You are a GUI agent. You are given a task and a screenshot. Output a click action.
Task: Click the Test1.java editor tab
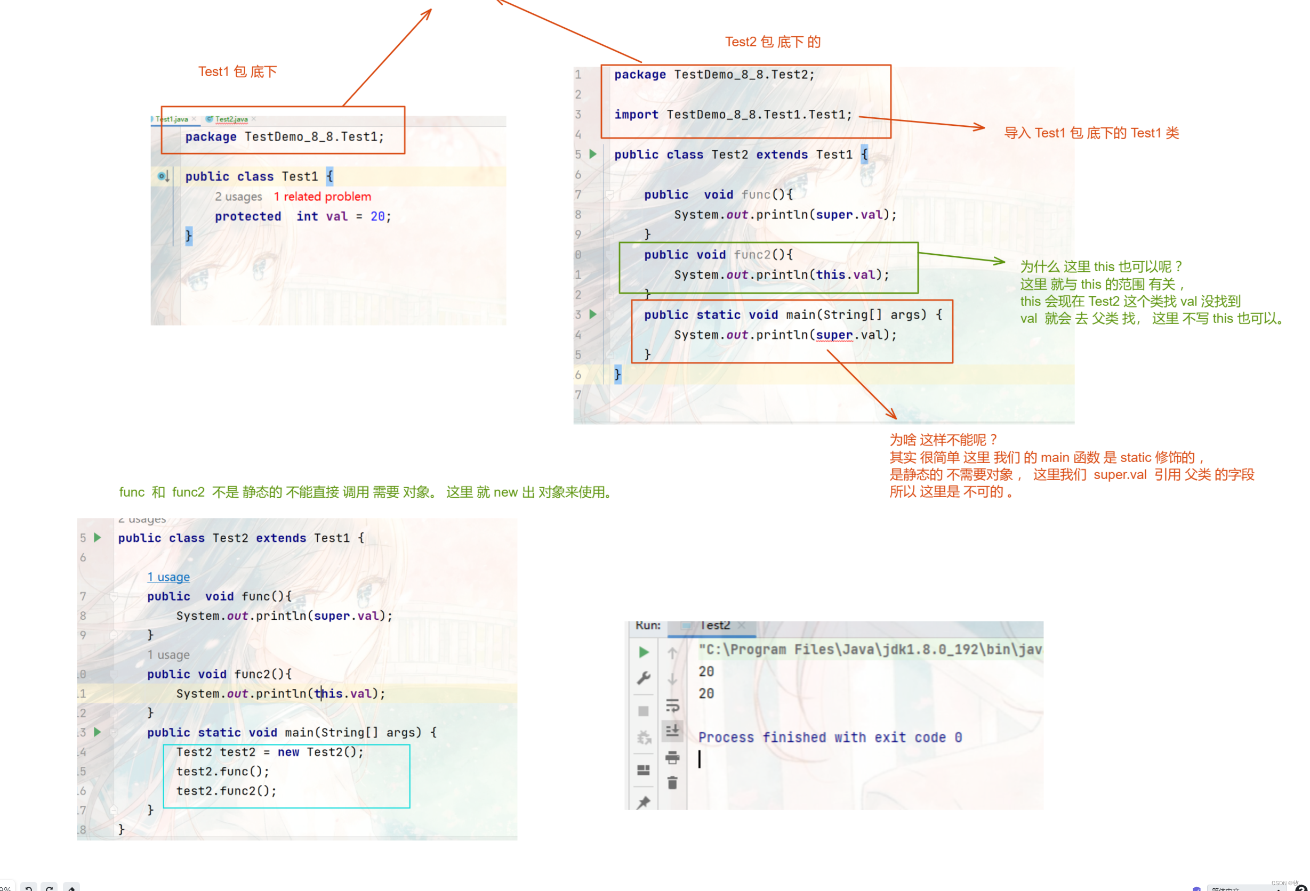tap(172, 119)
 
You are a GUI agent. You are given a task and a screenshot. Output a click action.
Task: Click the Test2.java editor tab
tap(231, 119)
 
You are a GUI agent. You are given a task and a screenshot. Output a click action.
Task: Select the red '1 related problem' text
tap(323, 197)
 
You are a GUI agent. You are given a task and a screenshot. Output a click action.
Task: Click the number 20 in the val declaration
tap(377, 216)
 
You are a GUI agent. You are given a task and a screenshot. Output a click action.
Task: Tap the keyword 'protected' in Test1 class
tap(247, 216)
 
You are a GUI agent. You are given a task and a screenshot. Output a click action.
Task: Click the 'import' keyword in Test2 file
tap(636, 115)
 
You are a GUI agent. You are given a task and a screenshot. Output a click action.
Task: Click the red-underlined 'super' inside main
tap(834, 335)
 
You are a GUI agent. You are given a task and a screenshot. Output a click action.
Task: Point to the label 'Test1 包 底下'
tap(237, 71)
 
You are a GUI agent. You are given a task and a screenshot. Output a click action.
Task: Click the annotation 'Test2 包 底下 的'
tap(772, 42)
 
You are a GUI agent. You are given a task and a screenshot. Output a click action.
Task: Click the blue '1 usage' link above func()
tap(168, 577)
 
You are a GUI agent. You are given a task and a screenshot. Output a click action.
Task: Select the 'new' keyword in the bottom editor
tap(288, 752)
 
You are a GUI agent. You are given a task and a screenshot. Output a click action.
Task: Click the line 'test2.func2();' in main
tap(226, 791)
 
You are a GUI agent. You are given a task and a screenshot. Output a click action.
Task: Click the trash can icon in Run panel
tap(672, 782)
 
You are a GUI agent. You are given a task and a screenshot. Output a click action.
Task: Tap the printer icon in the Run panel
tap(672, 757)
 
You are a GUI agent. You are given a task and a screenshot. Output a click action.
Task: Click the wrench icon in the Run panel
tap(643, 677)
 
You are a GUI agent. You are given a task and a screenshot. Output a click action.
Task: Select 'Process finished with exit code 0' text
tap(830, 737)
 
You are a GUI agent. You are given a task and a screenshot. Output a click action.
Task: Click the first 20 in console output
tap(706, 672)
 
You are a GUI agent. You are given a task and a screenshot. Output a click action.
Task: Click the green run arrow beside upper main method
tap(592, 314)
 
